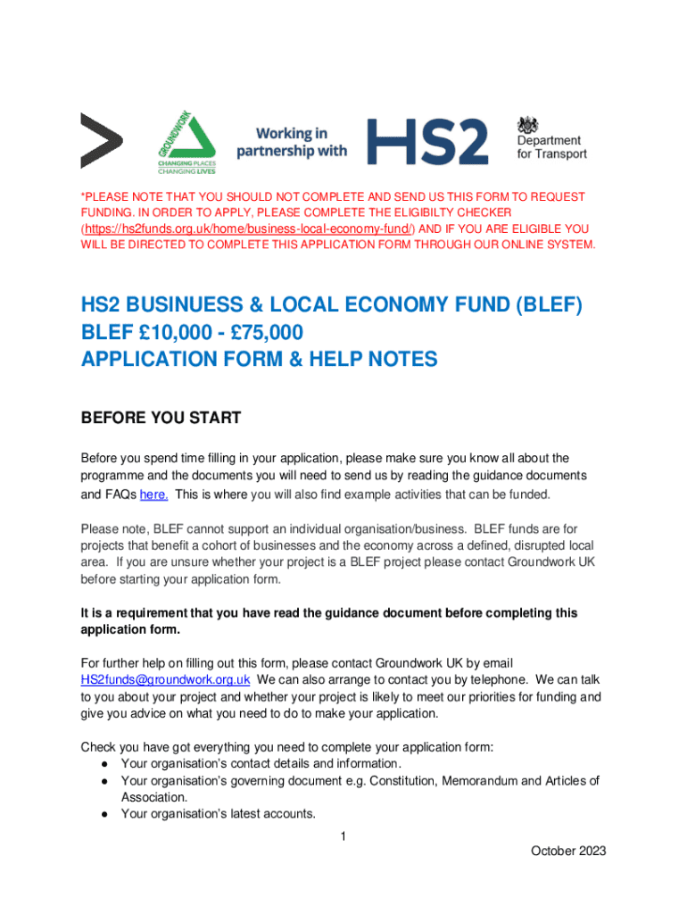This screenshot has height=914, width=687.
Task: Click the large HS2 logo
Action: pos(428,141)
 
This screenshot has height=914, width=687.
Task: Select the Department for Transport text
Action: pos(551,147)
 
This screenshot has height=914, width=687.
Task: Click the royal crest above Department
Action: pos(531,123)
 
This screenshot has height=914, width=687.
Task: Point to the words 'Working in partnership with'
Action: pos(292,142)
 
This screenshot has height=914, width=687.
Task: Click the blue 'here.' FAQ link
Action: pos(154,495)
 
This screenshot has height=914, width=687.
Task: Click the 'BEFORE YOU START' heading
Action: pos(161,418)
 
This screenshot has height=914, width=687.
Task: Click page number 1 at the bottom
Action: pos(343,836)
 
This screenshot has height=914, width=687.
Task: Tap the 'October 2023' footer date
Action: pos(568,852)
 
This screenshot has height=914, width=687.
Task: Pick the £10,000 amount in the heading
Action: pos(175,333)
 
